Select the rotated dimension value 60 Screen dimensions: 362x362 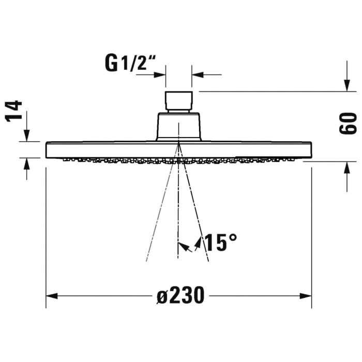348,123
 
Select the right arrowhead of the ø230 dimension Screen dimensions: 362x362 307,296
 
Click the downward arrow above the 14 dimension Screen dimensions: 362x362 26,135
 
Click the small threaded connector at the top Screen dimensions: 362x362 178,101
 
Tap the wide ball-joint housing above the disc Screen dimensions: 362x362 178,127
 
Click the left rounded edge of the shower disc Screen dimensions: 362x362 48,150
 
